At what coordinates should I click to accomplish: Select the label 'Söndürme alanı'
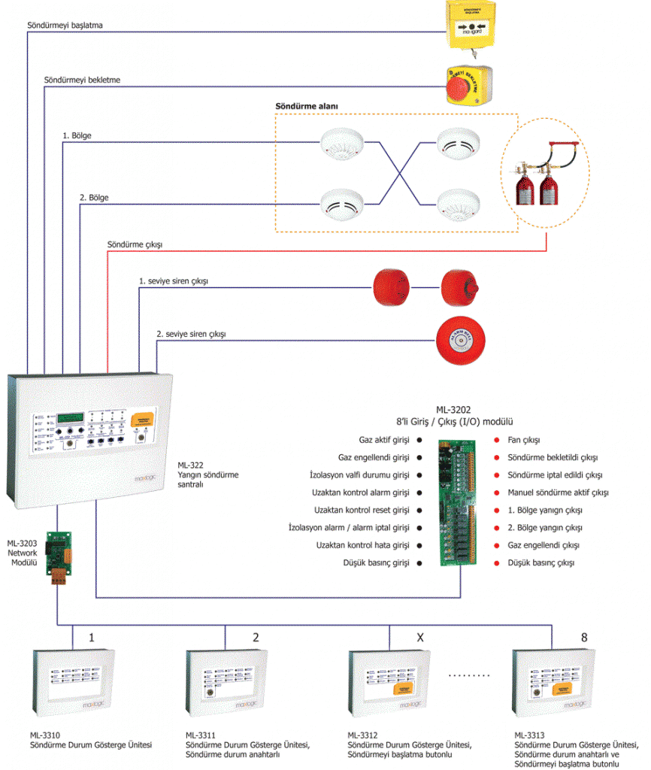(307, 107)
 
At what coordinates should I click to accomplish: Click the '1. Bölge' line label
(77, 136)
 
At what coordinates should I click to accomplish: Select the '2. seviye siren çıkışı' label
(191, 333)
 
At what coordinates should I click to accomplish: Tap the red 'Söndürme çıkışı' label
(135, 244)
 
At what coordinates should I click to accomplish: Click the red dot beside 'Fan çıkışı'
(497, 441)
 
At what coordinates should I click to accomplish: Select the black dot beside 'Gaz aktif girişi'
(419, 441)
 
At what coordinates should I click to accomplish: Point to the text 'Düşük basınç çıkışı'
(541, 562)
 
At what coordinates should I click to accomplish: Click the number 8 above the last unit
(584, 638)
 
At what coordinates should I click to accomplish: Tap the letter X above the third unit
(421, 638)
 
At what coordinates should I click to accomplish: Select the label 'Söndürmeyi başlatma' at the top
(65, 25)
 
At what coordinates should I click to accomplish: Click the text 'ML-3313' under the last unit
(530, 735)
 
